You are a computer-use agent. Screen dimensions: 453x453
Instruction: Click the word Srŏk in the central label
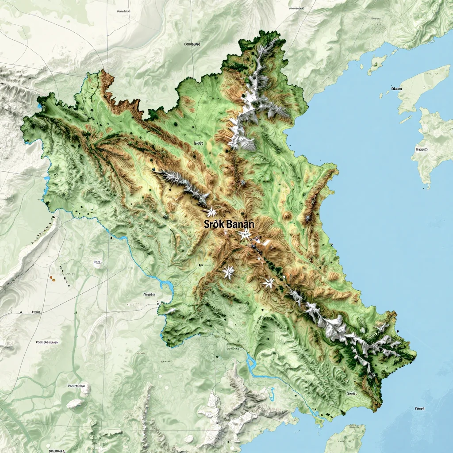[214, 224]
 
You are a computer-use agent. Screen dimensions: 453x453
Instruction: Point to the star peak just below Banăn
[244, 234]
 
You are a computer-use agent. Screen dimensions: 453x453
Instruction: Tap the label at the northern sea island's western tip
[396, 88]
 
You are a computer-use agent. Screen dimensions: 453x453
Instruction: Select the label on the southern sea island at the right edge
[422, 150]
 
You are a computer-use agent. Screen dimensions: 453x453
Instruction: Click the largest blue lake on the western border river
[46, 179]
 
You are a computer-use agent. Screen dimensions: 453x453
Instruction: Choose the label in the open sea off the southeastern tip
[420, 408]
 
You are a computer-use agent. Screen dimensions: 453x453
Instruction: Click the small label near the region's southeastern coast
[352, 393]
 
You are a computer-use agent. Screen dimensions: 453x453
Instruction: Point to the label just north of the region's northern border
[192, 44]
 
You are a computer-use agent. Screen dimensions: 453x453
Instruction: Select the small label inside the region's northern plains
[198, 143]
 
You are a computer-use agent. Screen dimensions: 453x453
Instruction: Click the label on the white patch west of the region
[97, 262]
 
